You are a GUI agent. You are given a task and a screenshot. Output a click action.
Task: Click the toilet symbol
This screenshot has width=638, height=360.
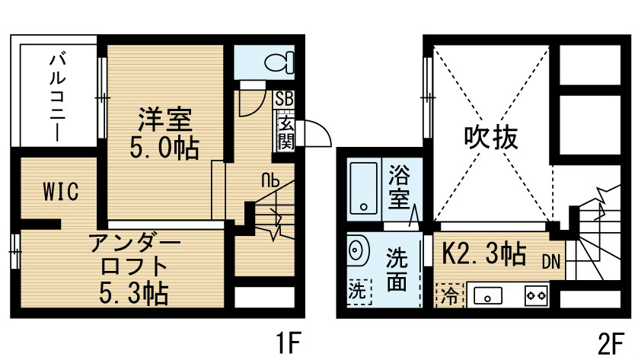279,62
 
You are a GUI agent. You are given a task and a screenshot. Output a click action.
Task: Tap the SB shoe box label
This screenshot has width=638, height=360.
284,99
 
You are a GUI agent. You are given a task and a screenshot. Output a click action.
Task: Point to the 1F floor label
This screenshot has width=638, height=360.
288,343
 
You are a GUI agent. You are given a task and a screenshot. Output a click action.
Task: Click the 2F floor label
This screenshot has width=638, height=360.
611,343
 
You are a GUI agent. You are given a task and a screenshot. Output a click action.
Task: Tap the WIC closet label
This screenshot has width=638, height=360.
61,192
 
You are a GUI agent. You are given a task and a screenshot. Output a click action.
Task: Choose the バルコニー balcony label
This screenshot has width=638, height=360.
57,97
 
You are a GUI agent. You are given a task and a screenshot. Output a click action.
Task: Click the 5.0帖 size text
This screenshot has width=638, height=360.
164,148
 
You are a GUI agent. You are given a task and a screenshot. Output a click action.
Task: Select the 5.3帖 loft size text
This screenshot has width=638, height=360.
134,294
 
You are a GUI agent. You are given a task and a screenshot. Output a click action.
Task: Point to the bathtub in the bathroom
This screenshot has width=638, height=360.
364,188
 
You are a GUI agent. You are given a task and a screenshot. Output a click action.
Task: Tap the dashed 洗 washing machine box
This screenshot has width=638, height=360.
359,292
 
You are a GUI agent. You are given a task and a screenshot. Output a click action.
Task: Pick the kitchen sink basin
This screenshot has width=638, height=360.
488,296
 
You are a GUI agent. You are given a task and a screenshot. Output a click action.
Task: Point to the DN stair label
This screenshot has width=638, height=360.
551,263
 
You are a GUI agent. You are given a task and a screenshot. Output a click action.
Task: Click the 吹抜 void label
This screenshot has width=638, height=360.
491,137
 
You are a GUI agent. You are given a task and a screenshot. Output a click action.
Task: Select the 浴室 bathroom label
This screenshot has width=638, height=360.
399,186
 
